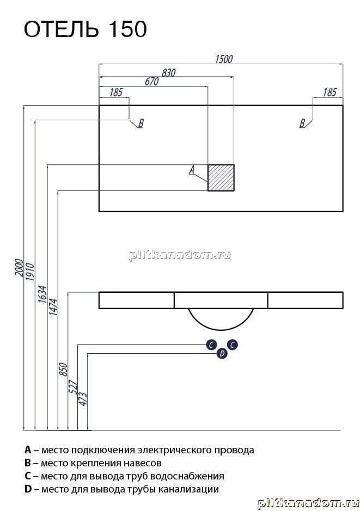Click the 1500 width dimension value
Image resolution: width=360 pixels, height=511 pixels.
coord(224,59)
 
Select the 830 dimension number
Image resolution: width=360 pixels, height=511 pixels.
coord(169,73)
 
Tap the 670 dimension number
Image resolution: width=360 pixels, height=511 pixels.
coord(151,82)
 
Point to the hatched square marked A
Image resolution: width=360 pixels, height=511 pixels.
coord(221,177)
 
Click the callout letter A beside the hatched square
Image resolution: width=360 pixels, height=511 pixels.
coord(192,170)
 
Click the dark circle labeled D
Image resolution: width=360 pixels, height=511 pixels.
coord(222,353)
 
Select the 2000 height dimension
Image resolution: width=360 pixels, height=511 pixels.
coord(19,268)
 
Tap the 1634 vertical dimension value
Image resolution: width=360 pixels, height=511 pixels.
coord(42,294)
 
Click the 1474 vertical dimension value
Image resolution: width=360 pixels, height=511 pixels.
coord(53,307)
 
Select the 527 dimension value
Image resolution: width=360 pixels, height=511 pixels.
coord(73,386)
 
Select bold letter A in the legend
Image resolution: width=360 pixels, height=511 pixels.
coord(28,450)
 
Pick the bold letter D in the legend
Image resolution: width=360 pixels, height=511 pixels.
coord(28,489)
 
